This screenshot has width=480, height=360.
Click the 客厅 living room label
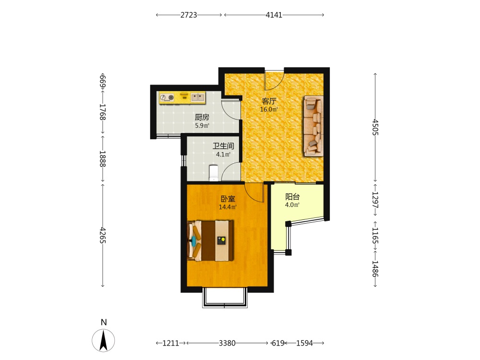pos(269,101)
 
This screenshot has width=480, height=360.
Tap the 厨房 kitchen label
pos(202,117)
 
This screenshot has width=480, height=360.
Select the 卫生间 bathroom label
pos(224,146)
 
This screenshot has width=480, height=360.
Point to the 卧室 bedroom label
pos(228,199)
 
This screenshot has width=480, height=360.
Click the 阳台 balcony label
pos(292,197)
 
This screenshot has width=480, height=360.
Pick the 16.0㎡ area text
pos(269,109)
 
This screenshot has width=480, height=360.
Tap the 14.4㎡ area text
pos(228,207)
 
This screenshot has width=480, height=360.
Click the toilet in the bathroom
pos(214,173)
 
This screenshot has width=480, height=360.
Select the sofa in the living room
pos(313,126)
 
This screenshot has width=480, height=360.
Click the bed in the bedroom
pos(210,240)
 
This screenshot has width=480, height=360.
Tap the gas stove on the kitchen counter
pos(167,97)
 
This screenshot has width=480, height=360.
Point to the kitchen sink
pos(198,97)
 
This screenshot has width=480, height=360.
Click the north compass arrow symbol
pos(104,340)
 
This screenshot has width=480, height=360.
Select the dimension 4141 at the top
pos(274,15)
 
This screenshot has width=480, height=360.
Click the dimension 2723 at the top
pos(189,15)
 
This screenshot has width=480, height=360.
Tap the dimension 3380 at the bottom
pos(227,343)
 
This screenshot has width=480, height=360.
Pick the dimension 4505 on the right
pos(375,127)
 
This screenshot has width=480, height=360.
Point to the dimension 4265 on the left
pos(103,235)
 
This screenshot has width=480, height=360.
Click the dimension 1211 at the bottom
pos(170,343)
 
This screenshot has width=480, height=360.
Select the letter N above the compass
pos(104,323)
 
